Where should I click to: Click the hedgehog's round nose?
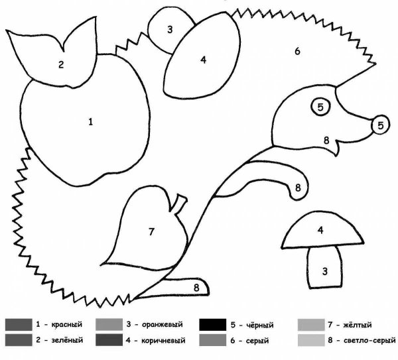tap(381, 125)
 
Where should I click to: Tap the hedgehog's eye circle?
tap(320, 107)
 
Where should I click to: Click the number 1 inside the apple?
tap(91, 122)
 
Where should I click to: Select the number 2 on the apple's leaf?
tap(61, 65)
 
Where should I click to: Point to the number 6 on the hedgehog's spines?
tap(297, 51)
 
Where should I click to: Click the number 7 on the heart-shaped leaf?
tap(151, 231)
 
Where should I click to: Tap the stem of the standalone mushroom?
tap(324, 268)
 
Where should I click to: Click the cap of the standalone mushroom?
tap(322, 231)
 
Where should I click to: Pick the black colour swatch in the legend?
tap(212, 325)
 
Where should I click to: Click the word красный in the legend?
tap(67, 324)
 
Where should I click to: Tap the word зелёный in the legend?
tap(67, 340)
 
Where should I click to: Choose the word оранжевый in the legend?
tap(163, 325)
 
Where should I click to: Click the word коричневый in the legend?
tap(163, 340)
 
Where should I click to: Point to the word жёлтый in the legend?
tap(358, 325)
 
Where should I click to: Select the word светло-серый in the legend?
tap(369, 340)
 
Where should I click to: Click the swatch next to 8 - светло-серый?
tap(311, 340)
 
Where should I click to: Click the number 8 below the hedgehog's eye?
tap(326, 141)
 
